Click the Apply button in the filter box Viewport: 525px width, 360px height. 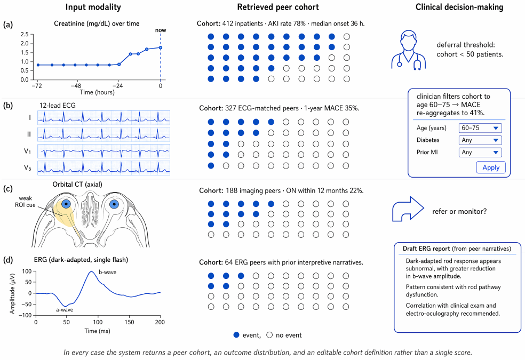click(x=491, y=167)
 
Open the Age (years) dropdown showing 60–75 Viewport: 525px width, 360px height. click(x=480, y=128)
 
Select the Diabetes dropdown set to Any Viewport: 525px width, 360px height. click(x=480, y=140)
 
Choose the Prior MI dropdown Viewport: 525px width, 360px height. click(x=480, y=152)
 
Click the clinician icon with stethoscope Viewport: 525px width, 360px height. click(x=409, y=50)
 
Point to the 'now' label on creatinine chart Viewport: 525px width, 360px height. click(x=161, y=30)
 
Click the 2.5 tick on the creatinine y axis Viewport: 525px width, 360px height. click(x=25, y=34)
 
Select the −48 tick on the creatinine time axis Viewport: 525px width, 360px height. click(x=77, y=86)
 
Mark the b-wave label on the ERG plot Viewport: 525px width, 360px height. click(x=107, y=273)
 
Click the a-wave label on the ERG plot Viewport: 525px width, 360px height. click(x=64, y=310)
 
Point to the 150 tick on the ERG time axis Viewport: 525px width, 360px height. click(x=129, y=322)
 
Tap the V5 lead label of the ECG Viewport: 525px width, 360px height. click(x=27, y=167)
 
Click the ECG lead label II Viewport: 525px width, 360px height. click(x=29, y=134)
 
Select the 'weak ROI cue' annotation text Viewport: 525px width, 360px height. click(x=25, y=202)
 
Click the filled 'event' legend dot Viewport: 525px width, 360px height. click(x=236, y=335)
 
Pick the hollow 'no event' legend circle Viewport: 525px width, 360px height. click(x=269, y=335)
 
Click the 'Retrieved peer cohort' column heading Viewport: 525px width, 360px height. click(x=278, y=7)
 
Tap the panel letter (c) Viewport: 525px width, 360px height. click(x=8, y=189)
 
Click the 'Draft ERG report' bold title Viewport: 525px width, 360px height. click(x=426, y=249)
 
